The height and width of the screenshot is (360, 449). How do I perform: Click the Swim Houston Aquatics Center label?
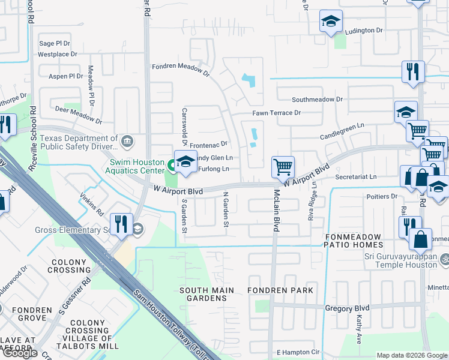136,167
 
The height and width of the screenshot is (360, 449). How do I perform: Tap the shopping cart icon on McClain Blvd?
283,166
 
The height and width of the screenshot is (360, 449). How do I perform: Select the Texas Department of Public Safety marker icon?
127,142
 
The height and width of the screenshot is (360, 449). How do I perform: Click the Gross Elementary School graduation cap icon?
137,229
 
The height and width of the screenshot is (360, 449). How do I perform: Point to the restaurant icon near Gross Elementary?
122,224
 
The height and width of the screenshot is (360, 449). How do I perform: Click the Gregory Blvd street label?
347,308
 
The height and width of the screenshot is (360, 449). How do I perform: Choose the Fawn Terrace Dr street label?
276,113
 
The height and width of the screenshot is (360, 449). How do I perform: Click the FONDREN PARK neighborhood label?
280,290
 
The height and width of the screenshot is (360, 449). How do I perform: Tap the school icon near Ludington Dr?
330,22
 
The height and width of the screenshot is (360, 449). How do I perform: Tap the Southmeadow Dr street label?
317,100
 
